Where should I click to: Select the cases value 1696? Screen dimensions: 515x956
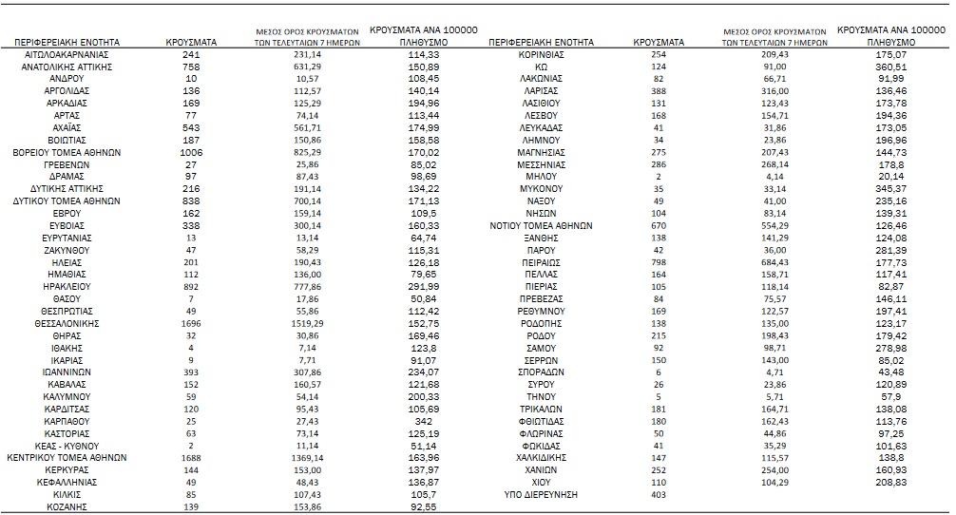pos(191,323)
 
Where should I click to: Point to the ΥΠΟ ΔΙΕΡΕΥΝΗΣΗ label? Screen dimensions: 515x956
pos(541,494)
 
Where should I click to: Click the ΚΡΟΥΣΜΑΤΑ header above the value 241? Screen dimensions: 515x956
pos(191,43)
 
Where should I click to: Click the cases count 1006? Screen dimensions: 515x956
pos(191,152)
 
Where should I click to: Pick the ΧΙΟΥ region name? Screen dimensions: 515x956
pos(541,482)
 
